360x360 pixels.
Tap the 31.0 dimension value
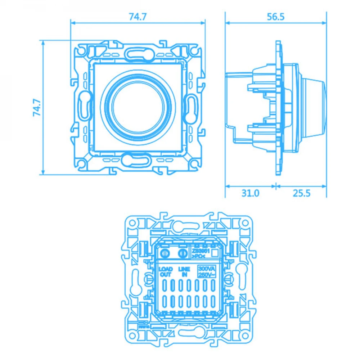point(250,193)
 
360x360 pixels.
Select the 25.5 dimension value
point(301,193)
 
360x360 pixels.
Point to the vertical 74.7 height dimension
point(36,107)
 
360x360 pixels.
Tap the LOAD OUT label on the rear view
point(166,272)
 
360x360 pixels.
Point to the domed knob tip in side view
point(323,107)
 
